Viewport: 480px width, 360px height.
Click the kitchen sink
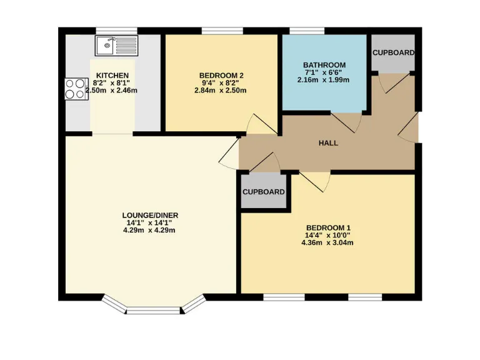point(116,45)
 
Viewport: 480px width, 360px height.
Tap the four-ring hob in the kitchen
point(76,88)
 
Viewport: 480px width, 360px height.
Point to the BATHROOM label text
point(324,65)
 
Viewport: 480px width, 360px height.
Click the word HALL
point(328,143)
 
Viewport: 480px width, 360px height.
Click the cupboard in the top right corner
point(393,53)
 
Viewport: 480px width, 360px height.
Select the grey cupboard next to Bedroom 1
point(264,192)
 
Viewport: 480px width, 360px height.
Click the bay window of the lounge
point(153,306)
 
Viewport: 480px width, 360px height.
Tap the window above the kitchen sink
point(116,30)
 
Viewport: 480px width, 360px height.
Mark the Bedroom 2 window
point(222,30)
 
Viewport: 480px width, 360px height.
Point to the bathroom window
point(306,30)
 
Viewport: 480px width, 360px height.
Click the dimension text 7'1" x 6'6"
point(324,72)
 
